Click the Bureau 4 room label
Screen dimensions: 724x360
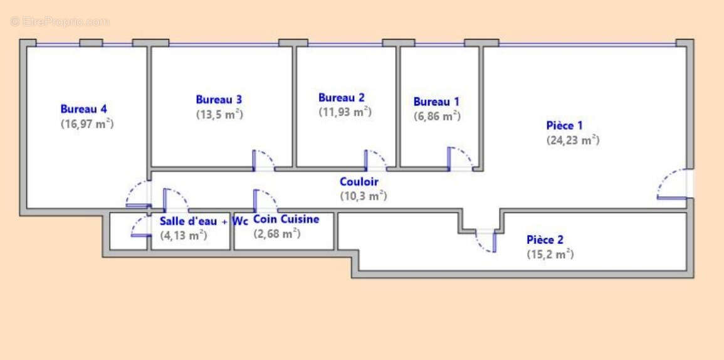click(x=84, y=109)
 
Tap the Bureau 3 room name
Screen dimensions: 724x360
click(x=219, y=99)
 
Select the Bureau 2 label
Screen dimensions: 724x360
click(x=341, y=97)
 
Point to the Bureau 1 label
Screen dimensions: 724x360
click(x=436, y=102)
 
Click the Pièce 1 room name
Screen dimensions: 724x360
click(x=564, y=125)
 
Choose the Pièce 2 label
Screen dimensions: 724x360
click(x=545, y=240)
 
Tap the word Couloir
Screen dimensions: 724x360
click(x=359, y=182)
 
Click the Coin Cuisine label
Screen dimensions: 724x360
click(x=286, y=219)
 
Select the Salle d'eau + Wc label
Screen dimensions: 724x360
click(x=204, y=221)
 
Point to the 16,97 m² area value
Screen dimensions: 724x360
click(x=87, y=124)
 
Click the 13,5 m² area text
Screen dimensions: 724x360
click(x=219, y=114)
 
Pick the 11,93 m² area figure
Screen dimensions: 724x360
click(x=345, y=112)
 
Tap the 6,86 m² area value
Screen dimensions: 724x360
click(x=437, y=116)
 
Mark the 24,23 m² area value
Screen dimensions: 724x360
click(x=573, y=140)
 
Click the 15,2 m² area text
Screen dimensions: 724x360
click(x=550, y=254)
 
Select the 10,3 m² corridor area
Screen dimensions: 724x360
click(x=364, y=196)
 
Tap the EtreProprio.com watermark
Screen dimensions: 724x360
click(x=60, y=21)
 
